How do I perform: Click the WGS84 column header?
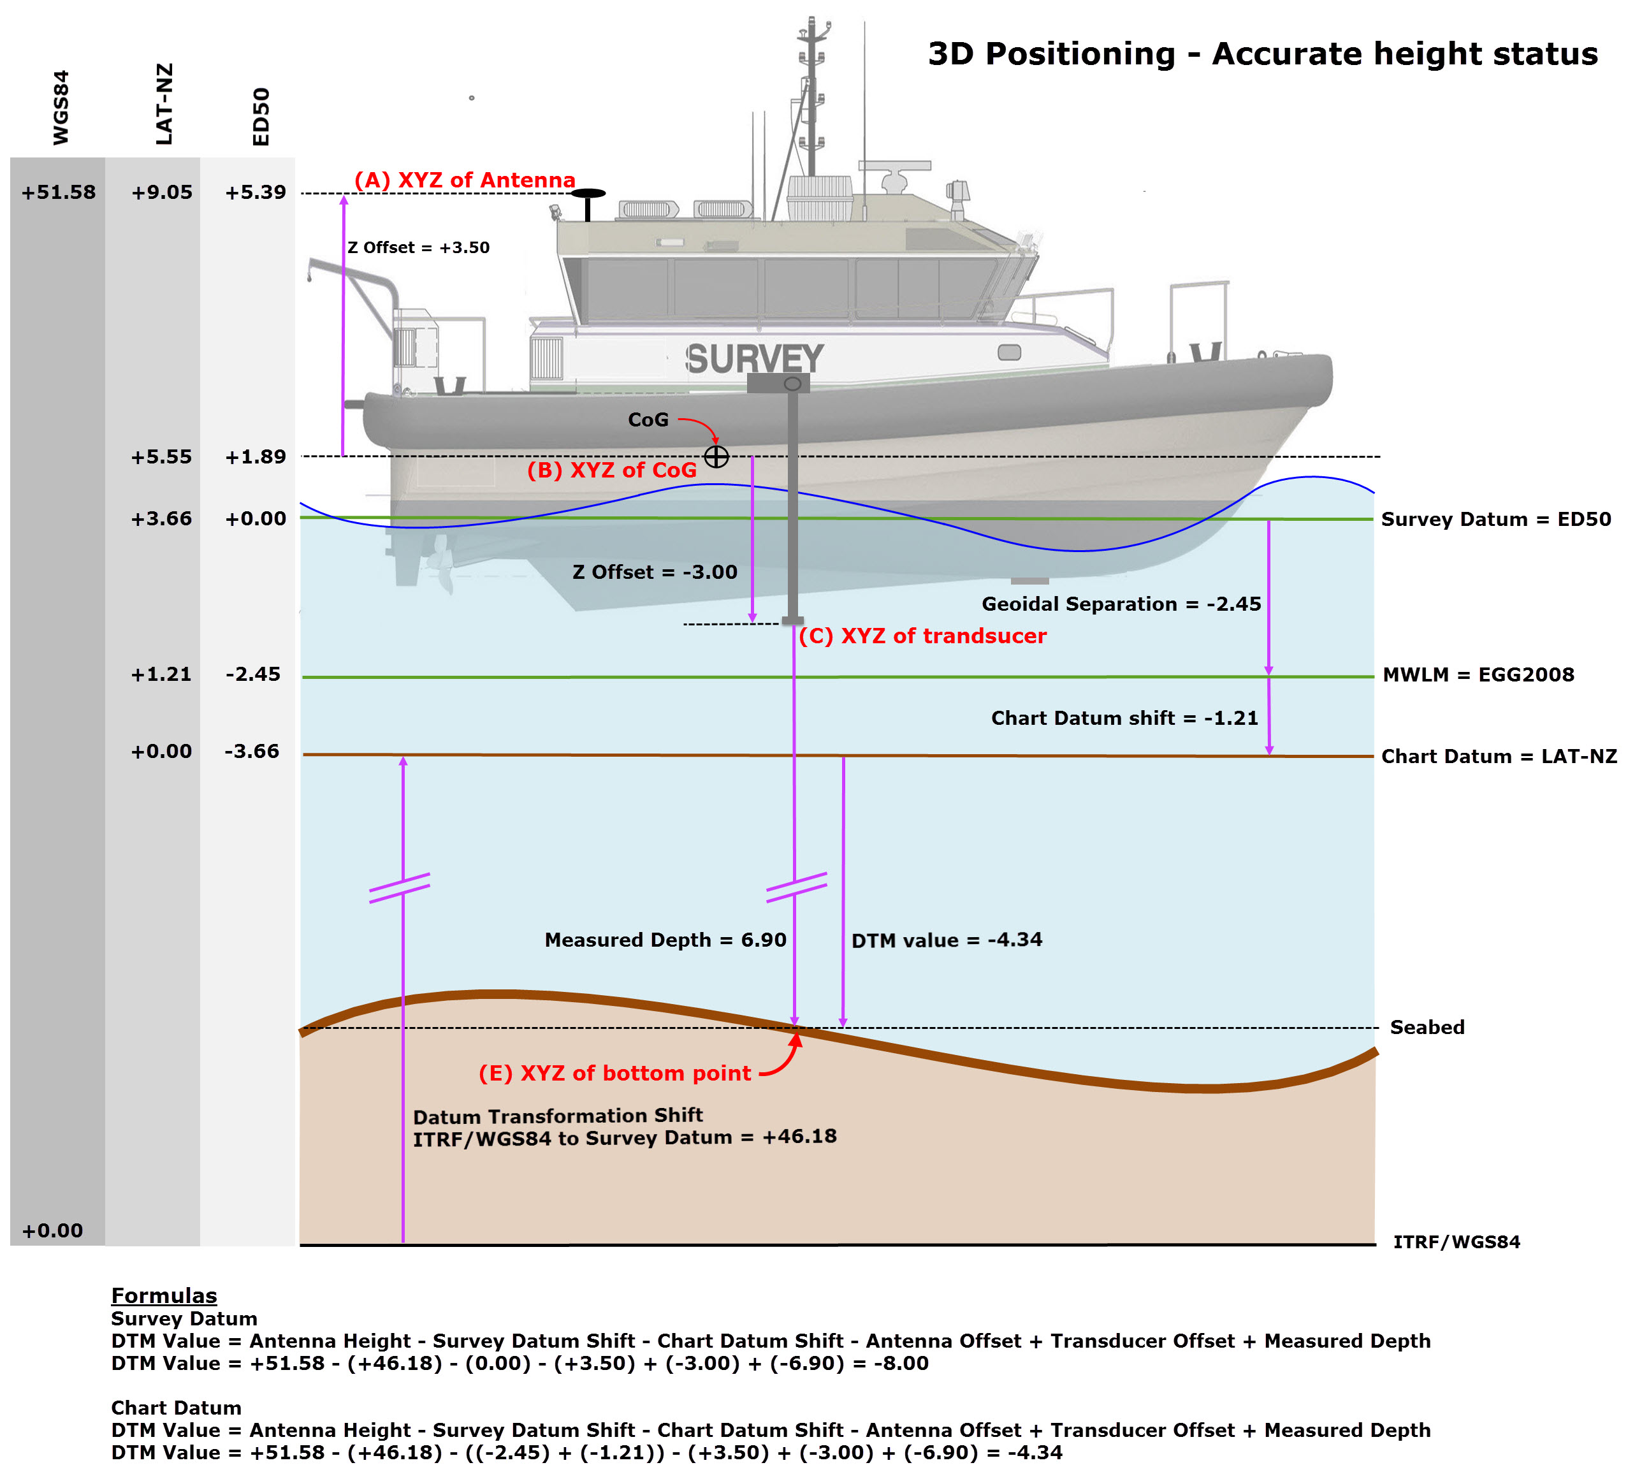pos(61,108)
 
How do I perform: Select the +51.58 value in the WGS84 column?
pos(59,193)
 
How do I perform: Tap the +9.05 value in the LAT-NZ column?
pos(162,193)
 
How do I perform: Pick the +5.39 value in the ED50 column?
pos(256,193)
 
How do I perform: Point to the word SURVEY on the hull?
pos(754,360)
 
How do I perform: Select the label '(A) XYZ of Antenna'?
pos(465,180)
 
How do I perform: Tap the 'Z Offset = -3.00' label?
pos(655,572)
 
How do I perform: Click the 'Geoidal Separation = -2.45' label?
pos(1121,604)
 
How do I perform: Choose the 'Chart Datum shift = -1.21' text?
pos(1124,718)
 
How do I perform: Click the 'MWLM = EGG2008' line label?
pos(1478,675)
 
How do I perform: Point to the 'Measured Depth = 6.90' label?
pos(665,940)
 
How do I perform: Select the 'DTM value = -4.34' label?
pos(947,940)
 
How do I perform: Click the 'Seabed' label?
pos(1427,1028)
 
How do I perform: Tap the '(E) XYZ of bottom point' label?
pos(614,1074)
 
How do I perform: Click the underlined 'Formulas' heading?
pos(164,1295)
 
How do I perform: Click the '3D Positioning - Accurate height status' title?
pos(1262,54)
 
